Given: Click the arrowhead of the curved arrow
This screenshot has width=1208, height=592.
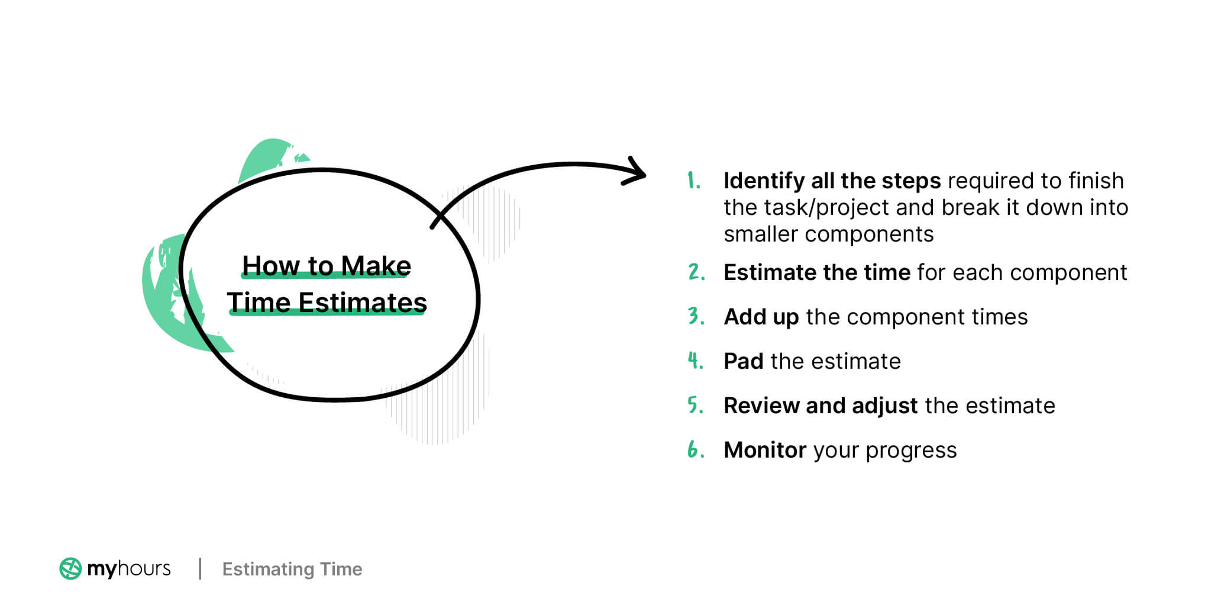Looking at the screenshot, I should [x=638, y=173].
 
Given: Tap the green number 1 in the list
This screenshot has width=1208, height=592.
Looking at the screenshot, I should [x=693, y=181].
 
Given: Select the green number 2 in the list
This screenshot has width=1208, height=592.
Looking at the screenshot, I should [x=696, y=272].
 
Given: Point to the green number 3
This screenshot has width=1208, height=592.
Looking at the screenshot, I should [x=696, y=316].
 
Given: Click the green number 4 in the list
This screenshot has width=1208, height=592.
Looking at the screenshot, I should [x=695, y=361].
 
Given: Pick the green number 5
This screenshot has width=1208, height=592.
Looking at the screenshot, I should [x=695, y=405].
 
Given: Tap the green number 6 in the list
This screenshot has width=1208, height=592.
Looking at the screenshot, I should [x=695, y=450].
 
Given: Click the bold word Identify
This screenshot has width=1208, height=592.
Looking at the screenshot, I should [x=764, y=181].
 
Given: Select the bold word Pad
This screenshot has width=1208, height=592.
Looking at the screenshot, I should [x=744, y=361].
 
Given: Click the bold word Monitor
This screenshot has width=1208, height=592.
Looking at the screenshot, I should [x=765, y=451].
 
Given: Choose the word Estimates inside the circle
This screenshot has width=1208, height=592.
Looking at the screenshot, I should [x=362, y=303].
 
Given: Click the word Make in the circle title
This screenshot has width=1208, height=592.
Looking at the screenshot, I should [x=376, y=266].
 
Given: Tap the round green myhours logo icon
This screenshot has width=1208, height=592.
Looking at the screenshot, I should [x=70, y=568].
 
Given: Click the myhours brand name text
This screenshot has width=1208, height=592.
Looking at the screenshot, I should [x=128, y=568].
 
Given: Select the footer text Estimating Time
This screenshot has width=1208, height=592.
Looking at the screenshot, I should [x=292, y=569].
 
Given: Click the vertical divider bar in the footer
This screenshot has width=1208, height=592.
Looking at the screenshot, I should [x=200, y=568].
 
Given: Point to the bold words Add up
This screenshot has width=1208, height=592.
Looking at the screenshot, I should [x=761, y=317].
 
